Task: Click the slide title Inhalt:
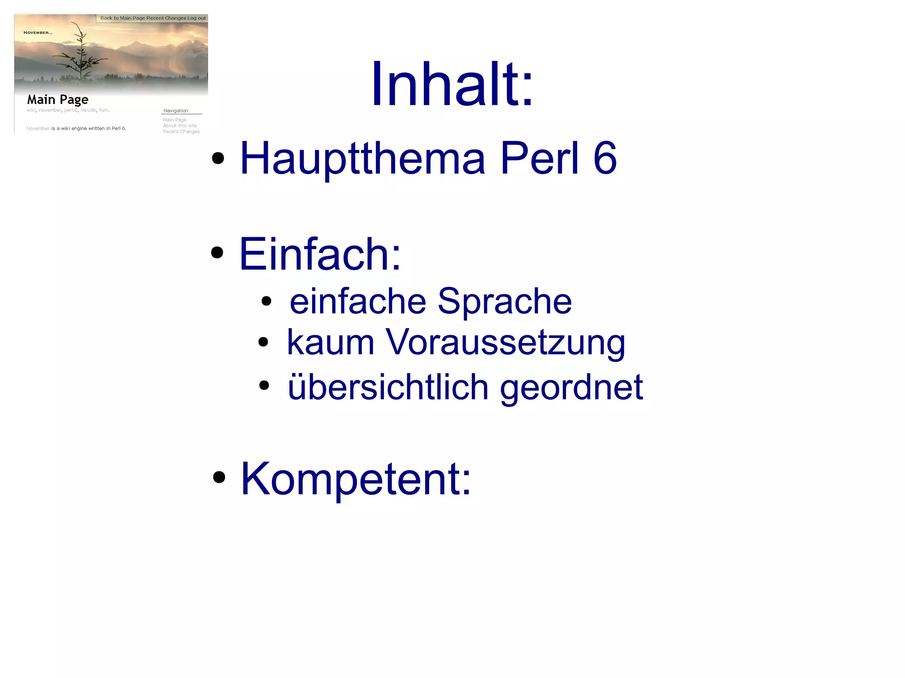[452, 84]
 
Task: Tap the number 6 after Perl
[605, 158]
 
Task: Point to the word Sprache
[505, 301]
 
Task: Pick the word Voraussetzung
[506, 343]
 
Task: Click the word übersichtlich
[388, 387]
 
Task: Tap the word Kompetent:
[356, 479]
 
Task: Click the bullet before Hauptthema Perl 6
[218, 158]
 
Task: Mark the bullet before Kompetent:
[219, 477]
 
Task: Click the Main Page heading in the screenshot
[58, 99]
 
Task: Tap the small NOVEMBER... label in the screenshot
[38, 33]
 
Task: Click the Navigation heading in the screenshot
[176, 111]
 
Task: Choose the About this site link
[180, 126]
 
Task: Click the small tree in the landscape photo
[81, 53]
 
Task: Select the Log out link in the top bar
[197, 18]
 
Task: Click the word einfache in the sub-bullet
[357, 301]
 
